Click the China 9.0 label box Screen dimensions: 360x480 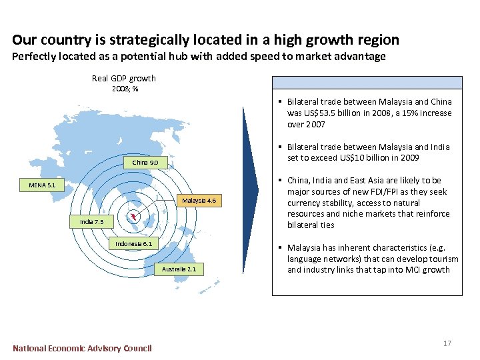point(145,163)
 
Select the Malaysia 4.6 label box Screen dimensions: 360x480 point(199,200)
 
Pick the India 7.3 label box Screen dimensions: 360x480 point(93,221)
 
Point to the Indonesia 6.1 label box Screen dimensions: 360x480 point(133,244)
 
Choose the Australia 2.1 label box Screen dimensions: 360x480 point(179,269)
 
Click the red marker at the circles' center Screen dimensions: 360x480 point(133,215)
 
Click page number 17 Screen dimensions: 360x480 point(447,343)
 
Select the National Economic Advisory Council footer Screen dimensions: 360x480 point(82,348)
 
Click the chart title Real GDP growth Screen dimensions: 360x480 point(124,79)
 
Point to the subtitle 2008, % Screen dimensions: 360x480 point(125,89)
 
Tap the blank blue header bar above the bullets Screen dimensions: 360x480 point(367,83)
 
